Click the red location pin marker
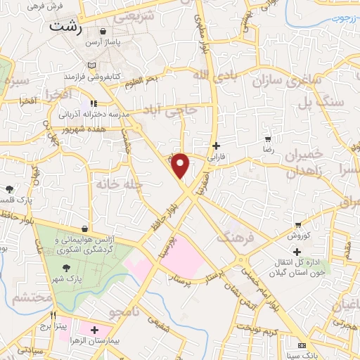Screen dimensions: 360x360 181,166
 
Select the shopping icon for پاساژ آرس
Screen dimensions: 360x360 103,32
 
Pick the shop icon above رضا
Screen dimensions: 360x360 267,139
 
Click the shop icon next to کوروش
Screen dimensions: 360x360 298,225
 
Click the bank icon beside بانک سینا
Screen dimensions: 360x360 302,345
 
